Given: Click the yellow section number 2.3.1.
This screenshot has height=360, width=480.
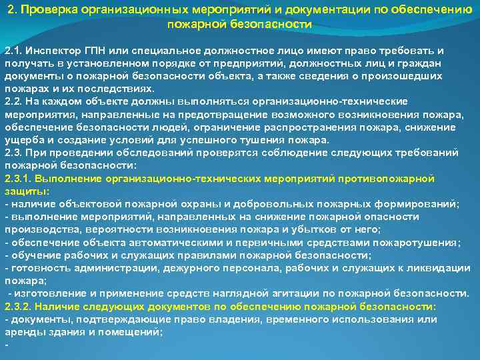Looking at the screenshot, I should click(x=18, y=179).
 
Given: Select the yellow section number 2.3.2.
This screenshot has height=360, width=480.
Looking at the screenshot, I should click(x=18, y=306).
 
